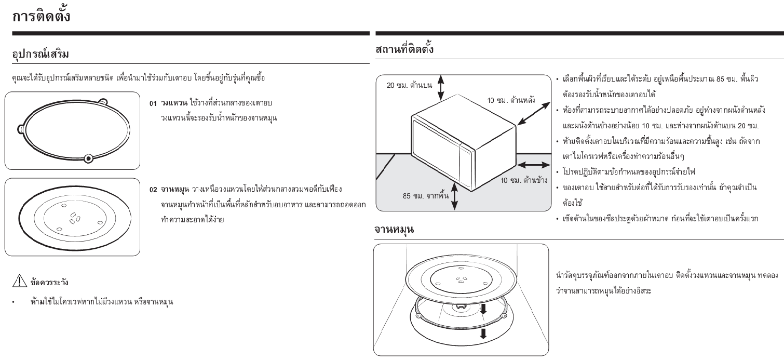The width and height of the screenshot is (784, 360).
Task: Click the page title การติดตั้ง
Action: pyautogui.click(x=42, y=16)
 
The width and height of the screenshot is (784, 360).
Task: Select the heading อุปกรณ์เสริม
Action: pyautogui.click(x=40, y=54)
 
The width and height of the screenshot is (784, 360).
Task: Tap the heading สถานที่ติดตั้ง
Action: pyautogui.click(x=404, y=49)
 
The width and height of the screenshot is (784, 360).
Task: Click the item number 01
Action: pyautogui.click(x=153, y=104)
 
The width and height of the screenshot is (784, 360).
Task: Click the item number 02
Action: pyautogui.click(x=153, y=190)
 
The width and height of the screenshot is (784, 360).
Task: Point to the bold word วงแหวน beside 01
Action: pyautogui.click(x=174, y=103)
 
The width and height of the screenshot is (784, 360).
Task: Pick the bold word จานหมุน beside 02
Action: pyautogui.click(x=175, y=190)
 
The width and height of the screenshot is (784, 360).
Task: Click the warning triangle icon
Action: pyautogui.click(x=20, y=281)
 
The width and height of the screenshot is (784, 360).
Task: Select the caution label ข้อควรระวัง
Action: pyautogui.click(x=49, y=282)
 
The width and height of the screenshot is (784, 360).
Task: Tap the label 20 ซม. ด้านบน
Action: pyautogui.click(x=409, y=85)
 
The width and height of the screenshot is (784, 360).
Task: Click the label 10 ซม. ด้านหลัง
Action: pyautogui.click(x=511, y=100)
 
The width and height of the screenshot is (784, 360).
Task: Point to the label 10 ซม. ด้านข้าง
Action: pyautogui.click(x=523, y=180)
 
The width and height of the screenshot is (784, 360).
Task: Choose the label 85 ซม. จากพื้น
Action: pyautogui.click(x=425, y=196)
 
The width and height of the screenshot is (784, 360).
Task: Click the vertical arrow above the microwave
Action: pyautogui.click(x=441, y=88)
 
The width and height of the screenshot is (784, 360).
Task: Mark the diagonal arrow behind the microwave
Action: pyautogui.click(x=534, y=113)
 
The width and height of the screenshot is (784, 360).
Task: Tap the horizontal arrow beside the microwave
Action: pyautogui.click(x=533, y=165)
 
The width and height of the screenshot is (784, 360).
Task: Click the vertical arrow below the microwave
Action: pyautogui.click(x=454, y=196)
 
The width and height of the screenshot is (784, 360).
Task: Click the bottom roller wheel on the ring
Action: pyautogui.click(x=88, y=158)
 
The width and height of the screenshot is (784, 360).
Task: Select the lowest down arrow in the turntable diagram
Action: pyautogui.click(x=483, y=334)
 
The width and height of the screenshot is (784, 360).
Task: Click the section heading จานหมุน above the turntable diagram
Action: pyautogui.click(x=394, y=230)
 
